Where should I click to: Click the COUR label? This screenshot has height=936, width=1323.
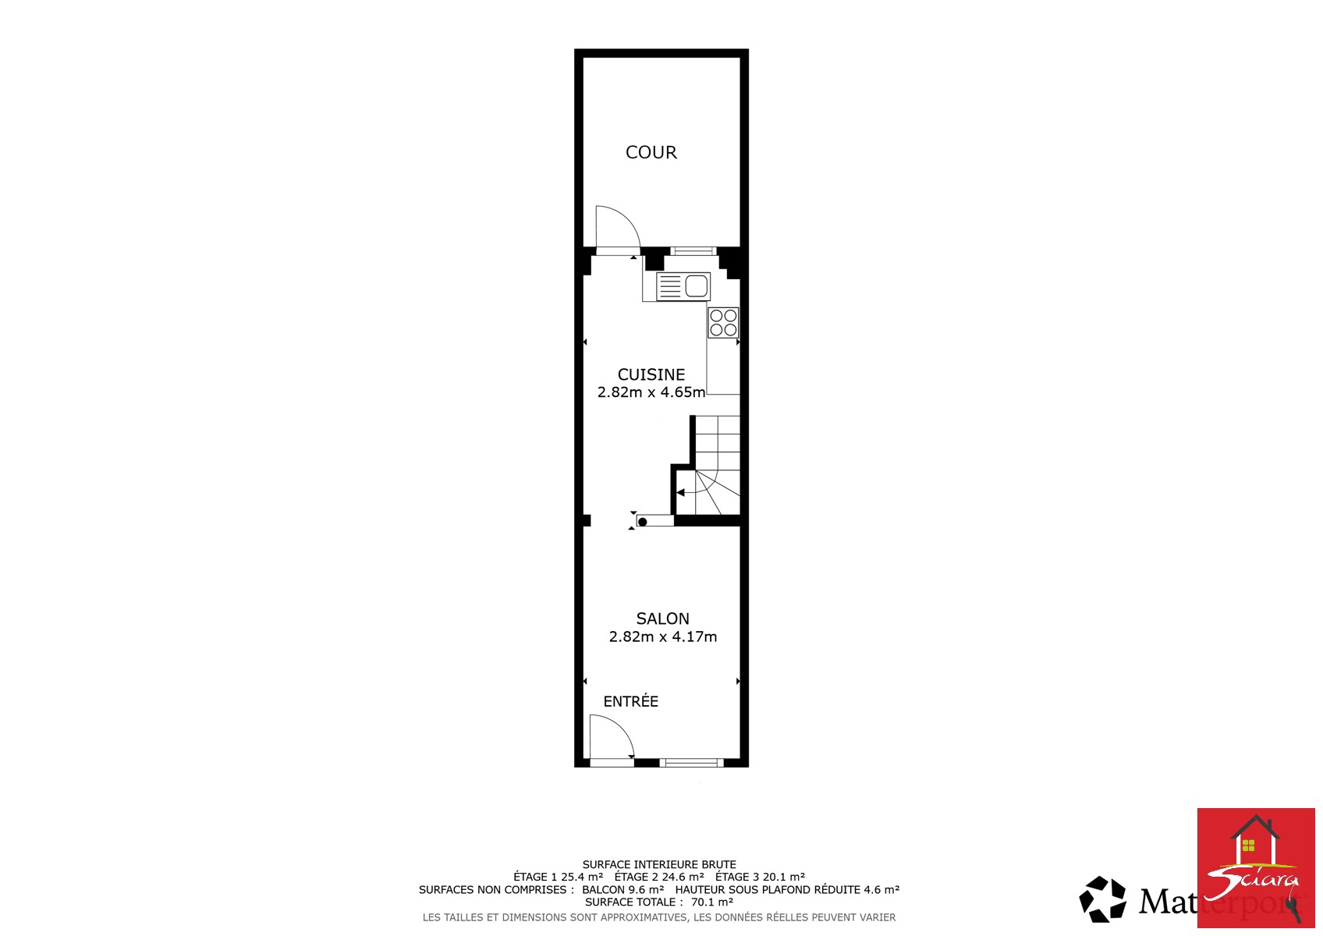(x=651, y=152)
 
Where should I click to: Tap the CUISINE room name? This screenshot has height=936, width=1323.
(x=651, y=374)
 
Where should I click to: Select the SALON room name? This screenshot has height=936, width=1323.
(x=662, y=619)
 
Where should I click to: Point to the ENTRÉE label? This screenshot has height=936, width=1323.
(x=630, y=701)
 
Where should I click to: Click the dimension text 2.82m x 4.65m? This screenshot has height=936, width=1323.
(x=651, y=392)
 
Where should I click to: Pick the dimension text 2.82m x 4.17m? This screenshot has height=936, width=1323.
(x=663, y=636)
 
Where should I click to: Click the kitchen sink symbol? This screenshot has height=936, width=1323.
(x=683, y=287)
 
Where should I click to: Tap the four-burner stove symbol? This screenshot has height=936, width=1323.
(x=723, y=322)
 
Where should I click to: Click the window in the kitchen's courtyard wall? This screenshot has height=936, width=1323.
(x=693, y=251)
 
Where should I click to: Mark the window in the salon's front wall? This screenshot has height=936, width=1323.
(x=692, y=762)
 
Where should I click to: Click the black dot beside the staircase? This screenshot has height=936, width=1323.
(x=643, y=522)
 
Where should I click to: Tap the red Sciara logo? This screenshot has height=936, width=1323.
(x=1256, y=867)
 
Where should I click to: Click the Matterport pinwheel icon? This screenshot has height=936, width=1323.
(x=1103, y=899)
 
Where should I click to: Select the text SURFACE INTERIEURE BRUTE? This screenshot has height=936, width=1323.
(x=659, y=864)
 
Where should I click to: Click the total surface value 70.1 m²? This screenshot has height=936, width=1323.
(x=712, y=902)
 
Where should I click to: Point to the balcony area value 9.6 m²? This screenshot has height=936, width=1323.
(x=647, y=889)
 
